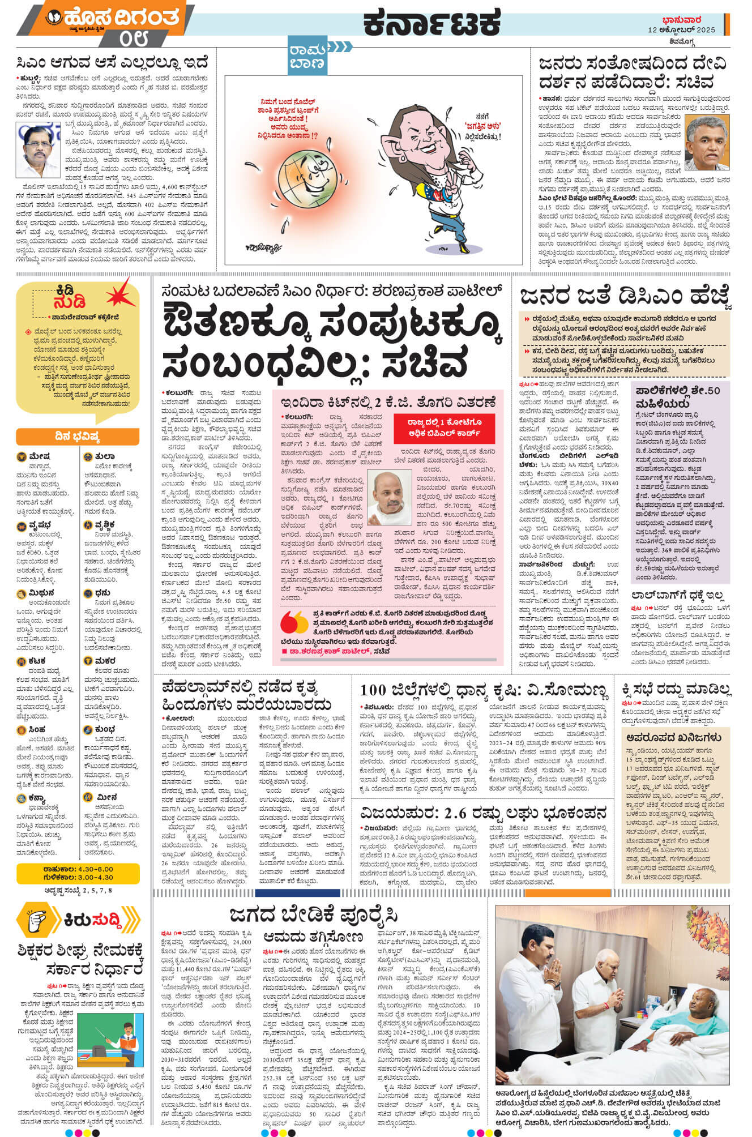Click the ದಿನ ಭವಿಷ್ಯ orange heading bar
(x=78, y=437)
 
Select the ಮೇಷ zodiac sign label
(x=40, y=456)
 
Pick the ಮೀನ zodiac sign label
(x=107, y=797)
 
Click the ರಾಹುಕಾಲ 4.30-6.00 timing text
(x=78, y=869)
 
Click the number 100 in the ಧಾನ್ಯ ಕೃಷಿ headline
(x=373, y=690)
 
